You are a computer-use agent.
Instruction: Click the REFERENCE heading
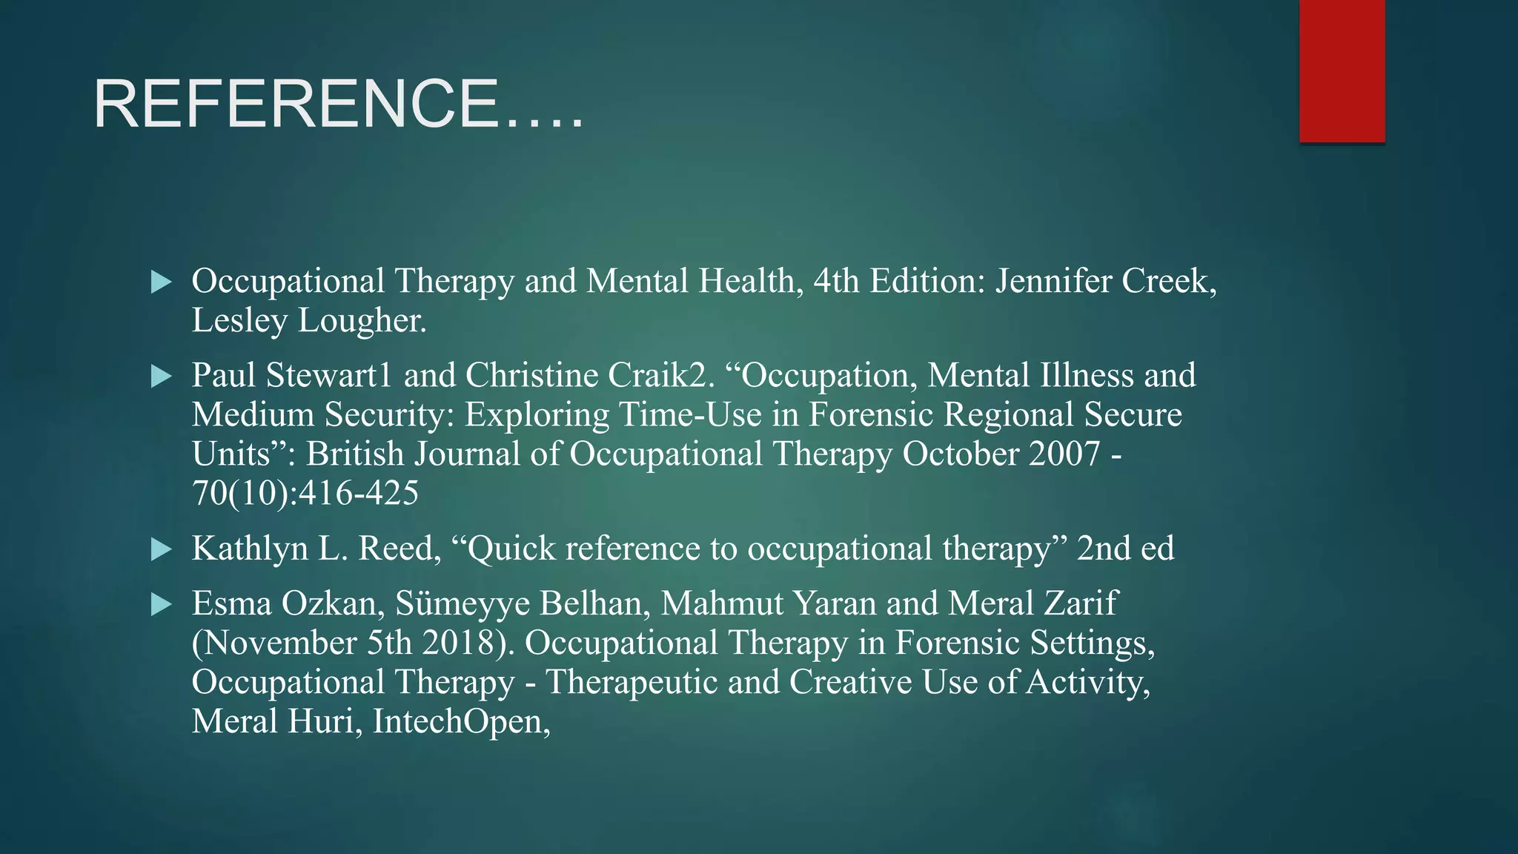coord(338,105)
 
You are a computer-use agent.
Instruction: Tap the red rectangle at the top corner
coord(1342,70)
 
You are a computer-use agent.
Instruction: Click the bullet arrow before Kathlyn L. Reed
coord(161,549)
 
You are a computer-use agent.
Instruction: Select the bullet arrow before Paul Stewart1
coord(161,376)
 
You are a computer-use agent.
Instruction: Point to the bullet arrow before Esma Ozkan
coord(161,604)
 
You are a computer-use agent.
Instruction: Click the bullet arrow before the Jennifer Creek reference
coord(161,282)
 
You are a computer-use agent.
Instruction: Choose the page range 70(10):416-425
coord(305,493)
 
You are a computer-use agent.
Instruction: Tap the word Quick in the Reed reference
coord(510,549)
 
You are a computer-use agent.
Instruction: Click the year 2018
coord(467,643)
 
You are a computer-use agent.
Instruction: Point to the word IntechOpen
coord(460,722)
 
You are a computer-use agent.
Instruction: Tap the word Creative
coord(850,683)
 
